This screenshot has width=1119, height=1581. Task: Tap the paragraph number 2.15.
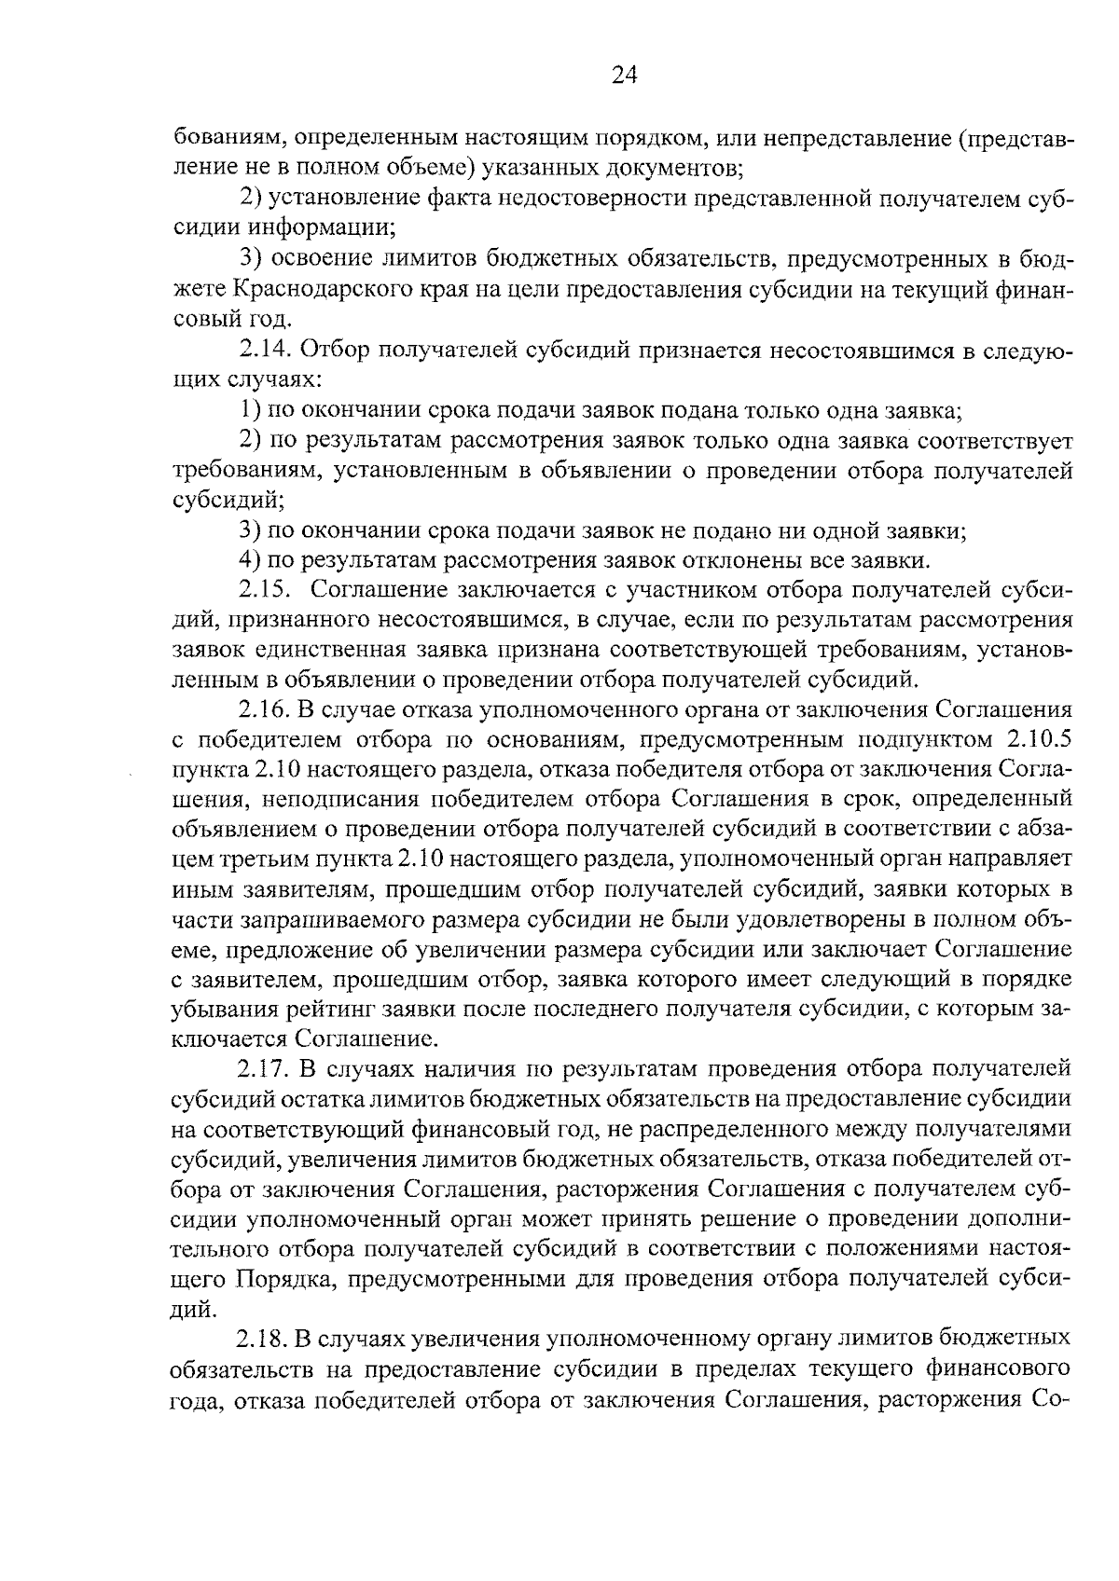coord(267,590)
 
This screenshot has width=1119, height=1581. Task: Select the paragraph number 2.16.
coord(267,710)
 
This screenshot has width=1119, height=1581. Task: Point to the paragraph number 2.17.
coord(267,1068)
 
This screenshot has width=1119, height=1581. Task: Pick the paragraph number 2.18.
coord(265,1340)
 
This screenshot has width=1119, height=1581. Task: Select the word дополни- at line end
coord(1020,1219)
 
